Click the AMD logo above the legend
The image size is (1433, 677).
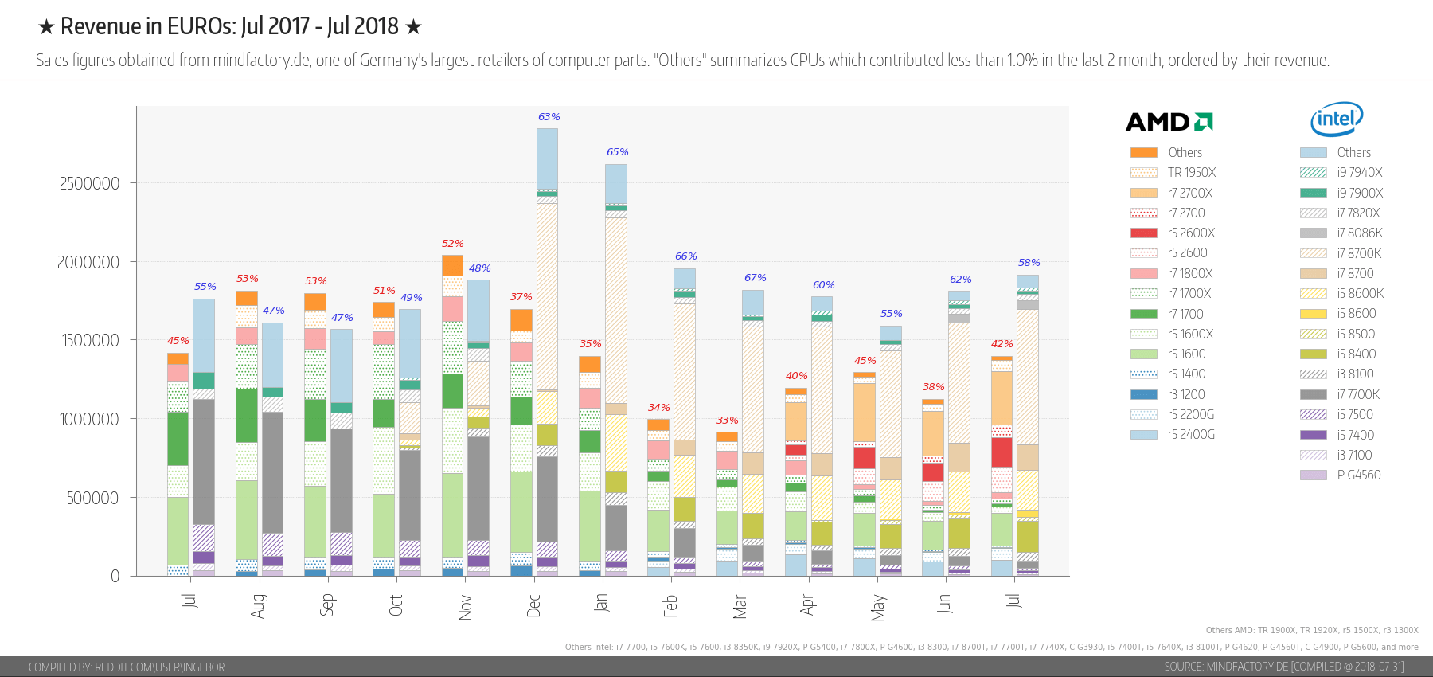pos(1169,122)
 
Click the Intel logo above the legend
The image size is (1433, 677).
pos(1337,119)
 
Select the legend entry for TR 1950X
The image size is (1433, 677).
pos(1191,173)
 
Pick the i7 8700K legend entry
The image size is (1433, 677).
pos(1359,253)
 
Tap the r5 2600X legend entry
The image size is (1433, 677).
pos(1191,233)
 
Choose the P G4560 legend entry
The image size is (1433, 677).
pos(1358,475)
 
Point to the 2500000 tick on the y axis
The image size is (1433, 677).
pos(89,184)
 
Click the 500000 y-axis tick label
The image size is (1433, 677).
pos(92,499)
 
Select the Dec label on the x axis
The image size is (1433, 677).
pos(534,605)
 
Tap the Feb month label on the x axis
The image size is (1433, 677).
pos(671,605)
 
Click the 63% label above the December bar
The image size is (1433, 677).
pos(549,117)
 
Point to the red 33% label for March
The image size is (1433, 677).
pos(727,421)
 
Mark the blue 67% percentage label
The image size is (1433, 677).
pos(755,278)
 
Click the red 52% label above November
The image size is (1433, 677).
pos(452,244)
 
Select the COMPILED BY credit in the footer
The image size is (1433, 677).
pos(127,667)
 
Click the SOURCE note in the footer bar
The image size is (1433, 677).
pos(1283,667)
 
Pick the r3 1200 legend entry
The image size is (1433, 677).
pos(1186,394)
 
